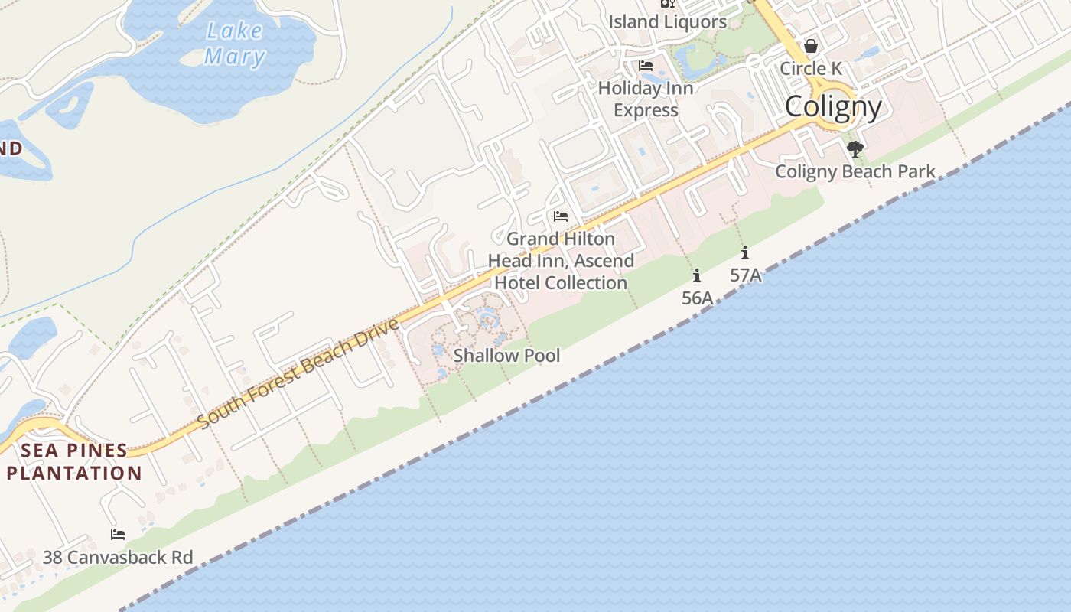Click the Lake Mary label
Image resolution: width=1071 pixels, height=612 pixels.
[x=234, y=44]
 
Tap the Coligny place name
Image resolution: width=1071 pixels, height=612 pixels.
[x=833, y=106]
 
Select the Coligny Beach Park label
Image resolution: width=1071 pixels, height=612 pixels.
[x=855, y=171]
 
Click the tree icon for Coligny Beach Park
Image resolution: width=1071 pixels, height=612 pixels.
[x=855, y=148]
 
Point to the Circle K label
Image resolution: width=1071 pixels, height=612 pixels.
[x=810, y=69]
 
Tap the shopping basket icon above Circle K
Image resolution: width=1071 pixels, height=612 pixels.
[x=811, y=47]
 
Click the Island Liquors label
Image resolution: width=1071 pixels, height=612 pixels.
[x=667, y=21]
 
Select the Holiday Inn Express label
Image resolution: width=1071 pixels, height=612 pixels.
[x=646, y=99]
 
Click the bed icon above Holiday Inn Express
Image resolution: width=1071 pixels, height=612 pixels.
[x=646, y=66]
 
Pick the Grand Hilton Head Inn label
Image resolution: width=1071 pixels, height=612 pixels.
[x=561, y=261]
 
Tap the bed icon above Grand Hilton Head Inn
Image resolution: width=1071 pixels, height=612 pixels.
[x=561, y=216]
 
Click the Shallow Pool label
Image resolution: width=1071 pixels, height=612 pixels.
[x=506, y=356]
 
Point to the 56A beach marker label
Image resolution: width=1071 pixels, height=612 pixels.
[x=697, y=298]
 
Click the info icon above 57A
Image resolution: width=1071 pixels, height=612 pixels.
[x=745, y=252]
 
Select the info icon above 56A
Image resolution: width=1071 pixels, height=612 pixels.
[x=697, y=275]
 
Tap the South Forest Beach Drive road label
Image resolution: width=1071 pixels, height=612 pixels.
[x=298, y=374]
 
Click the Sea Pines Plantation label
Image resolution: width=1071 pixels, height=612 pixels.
[x=74, y=461]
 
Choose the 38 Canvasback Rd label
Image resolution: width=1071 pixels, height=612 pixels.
[x=118, y=557]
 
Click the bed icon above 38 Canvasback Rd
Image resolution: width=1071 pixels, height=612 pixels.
[x=118, y=535]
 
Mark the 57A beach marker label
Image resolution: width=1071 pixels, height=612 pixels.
[x=745, y=275]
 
